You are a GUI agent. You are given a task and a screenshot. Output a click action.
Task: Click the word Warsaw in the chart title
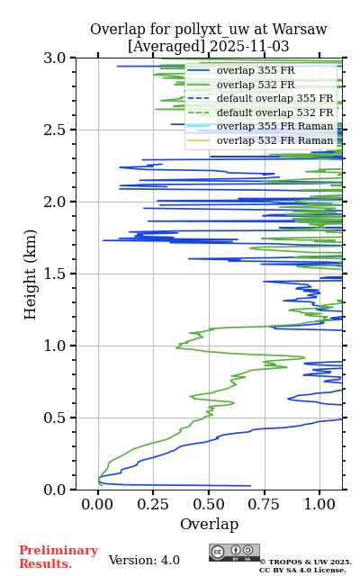(x=300, y=30)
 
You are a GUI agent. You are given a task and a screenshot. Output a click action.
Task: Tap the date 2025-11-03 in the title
(x=249, y=47)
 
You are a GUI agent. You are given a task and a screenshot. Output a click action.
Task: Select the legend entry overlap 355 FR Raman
(x=274, y=126)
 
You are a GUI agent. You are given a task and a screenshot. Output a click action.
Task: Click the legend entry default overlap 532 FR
(x=274, y=112)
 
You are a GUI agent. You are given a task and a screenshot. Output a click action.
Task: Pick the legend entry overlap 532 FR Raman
(x=274, y=140)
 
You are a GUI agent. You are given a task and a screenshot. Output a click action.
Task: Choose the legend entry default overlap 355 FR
(x=274, y=98)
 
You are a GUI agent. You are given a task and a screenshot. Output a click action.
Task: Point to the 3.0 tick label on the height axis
(x=54, y=58)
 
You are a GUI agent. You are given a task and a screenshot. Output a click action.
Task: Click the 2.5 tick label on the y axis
(x=54, y=130)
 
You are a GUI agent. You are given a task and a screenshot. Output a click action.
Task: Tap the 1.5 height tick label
(x=54, y=274)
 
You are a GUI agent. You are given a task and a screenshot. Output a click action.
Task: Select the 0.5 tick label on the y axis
(x=54, y=418)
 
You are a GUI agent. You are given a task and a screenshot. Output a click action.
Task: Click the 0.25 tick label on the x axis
(x=153, y=504)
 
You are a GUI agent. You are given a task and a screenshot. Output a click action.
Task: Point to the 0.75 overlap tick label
(x=264, y=504)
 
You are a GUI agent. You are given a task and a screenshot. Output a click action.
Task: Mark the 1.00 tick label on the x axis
(x=319, y=504)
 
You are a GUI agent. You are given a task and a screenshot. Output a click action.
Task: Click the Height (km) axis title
(x=30, y=274)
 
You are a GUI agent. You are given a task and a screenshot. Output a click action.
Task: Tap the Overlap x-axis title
(x=210, y=524)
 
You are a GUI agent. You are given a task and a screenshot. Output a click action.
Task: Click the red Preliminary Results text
(x=58, y=557)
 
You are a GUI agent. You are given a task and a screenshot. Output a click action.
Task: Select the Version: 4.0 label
(x=144, y=560)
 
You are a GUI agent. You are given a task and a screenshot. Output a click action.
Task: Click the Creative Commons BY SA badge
(x=234, y=553)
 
